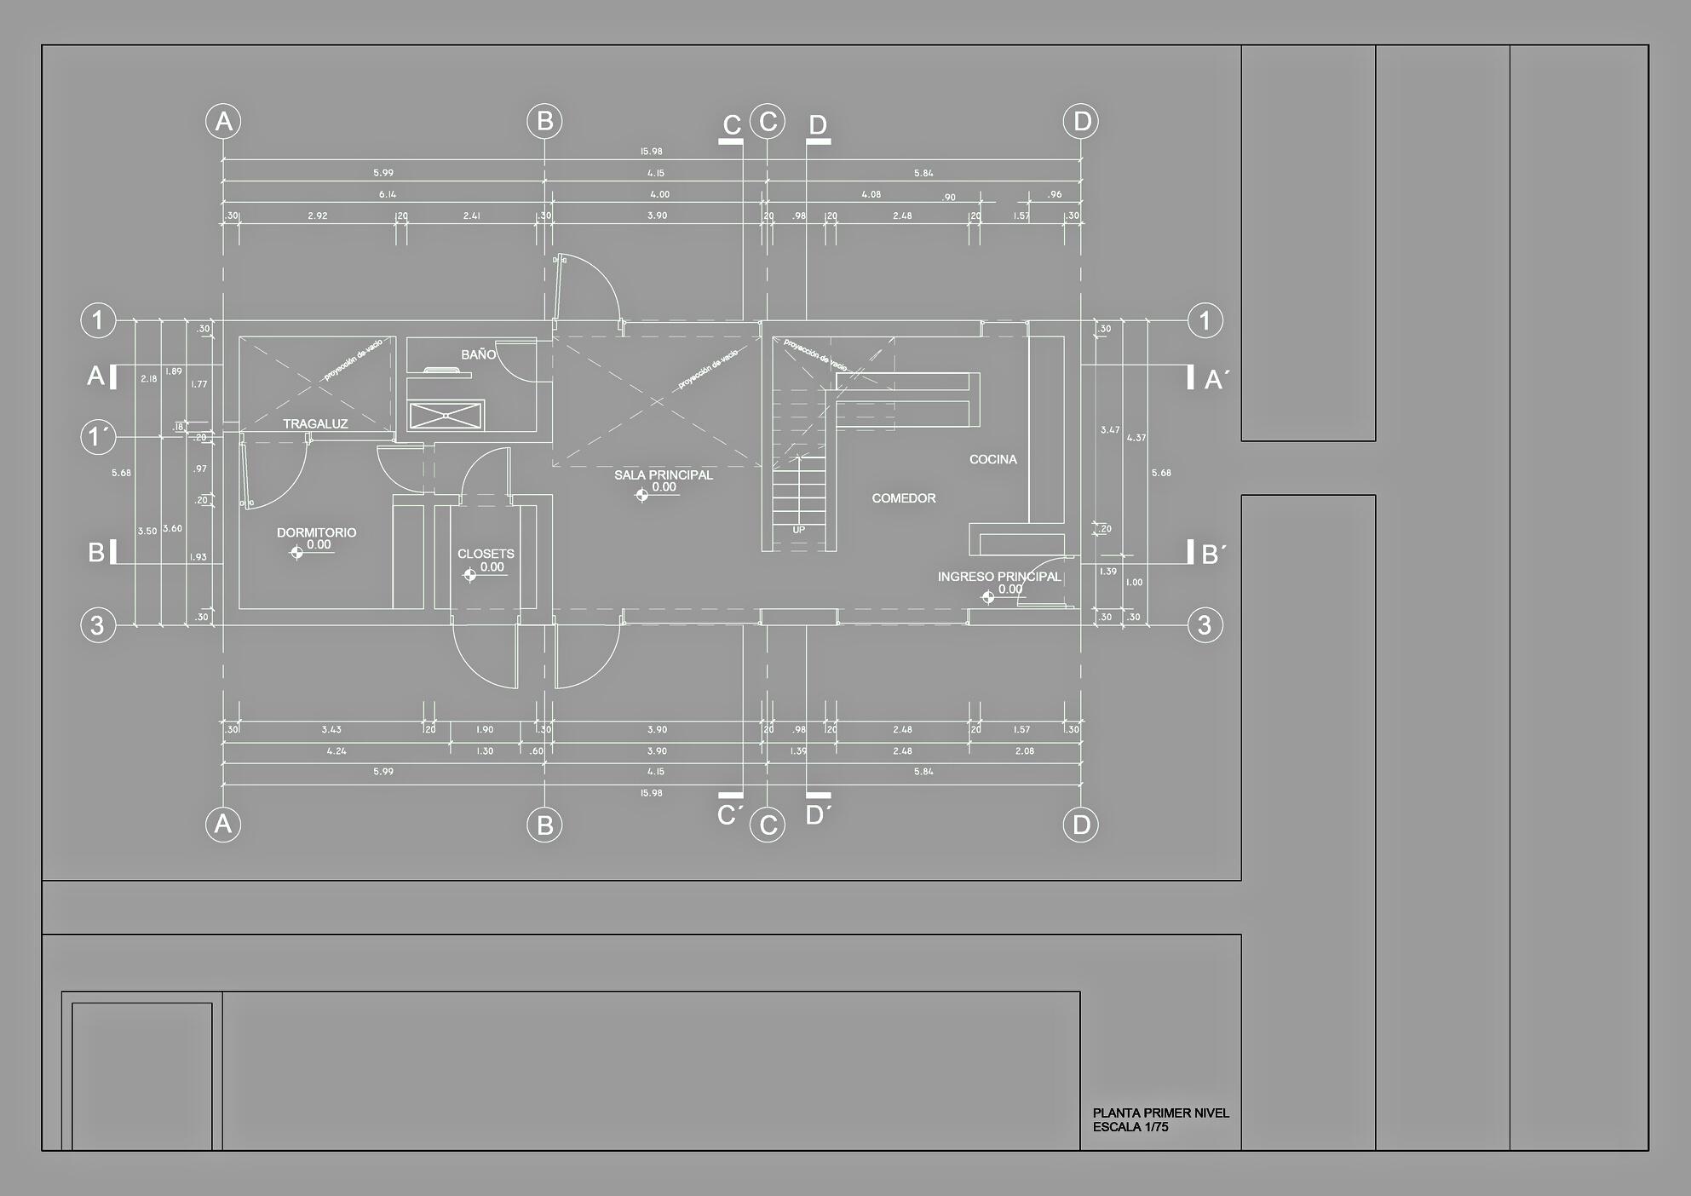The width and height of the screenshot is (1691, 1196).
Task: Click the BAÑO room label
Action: (478, 354)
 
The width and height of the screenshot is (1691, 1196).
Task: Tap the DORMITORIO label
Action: (316, 532)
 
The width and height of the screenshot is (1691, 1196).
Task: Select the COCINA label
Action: (992, 459)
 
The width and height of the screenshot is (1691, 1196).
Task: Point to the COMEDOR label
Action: (903, 498)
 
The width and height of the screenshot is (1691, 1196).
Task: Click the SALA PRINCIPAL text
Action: (663, 474)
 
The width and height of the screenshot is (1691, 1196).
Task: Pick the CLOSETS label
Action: (486, 554)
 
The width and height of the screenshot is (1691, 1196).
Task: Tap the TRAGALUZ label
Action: (315, 423)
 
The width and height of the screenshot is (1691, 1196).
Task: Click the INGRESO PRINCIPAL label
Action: (999, 577)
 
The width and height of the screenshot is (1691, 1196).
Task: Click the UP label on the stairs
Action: (798, 530)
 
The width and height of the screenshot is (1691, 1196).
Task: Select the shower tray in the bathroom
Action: (446, 415)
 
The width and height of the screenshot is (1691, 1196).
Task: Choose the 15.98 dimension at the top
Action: (651, 152)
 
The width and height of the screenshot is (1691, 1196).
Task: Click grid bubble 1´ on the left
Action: (98, 438)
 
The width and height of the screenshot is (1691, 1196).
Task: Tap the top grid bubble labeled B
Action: (545, 121)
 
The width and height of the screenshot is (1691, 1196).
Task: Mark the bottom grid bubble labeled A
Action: (223, 825)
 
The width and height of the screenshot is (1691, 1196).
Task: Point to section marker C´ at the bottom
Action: (729, 815)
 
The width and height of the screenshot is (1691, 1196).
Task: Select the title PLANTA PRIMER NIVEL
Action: (1160, 1113)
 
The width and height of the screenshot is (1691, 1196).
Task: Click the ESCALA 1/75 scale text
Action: (1130, 1127)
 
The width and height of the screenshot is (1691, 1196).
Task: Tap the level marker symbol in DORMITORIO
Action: (296, 552)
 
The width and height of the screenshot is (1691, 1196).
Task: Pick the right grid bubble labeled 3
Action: (1205, 626)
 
